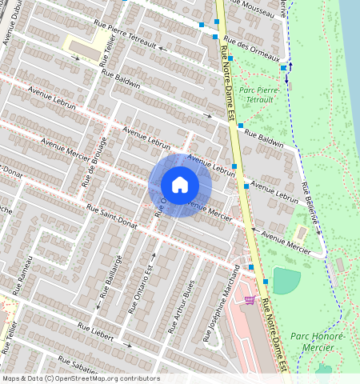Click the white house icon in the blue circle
pyautogui.click(x=180, y=185)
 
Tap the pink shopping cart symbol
pyautogui.click(x=250, y=300)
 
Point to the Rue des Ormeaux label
pyautogui.click(x=252, y=47)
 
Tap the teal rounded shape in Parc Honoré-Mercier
pyautogui.click(x=286, y=280)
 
